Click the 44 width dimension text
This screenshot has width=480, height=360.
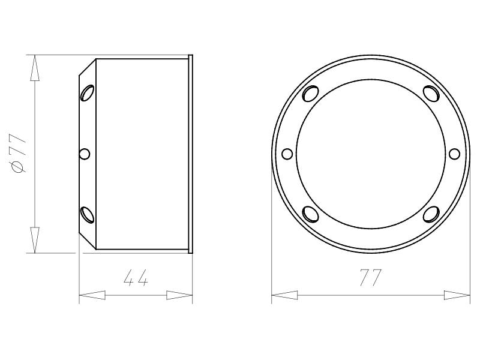[136, 277]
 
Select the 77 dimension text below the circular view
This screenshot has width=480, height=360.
[371, 277]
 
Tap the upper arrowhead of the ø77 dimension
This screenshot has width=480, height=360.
[35, 68]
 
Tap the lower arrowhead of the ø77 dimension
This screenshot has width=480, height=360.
[35, 240]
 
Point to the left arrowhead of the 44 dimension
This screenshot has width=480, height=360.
[92, 295]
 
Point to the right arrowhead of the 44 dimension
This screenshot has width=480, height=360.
[179, 295]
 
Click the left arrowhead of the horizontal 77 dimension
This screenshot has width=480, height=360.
[284, 295]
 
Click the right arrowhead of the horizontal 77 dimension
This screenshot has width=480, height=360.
[457, 295]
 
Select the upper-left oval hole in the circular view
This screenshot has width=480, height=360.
[310, 94]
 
